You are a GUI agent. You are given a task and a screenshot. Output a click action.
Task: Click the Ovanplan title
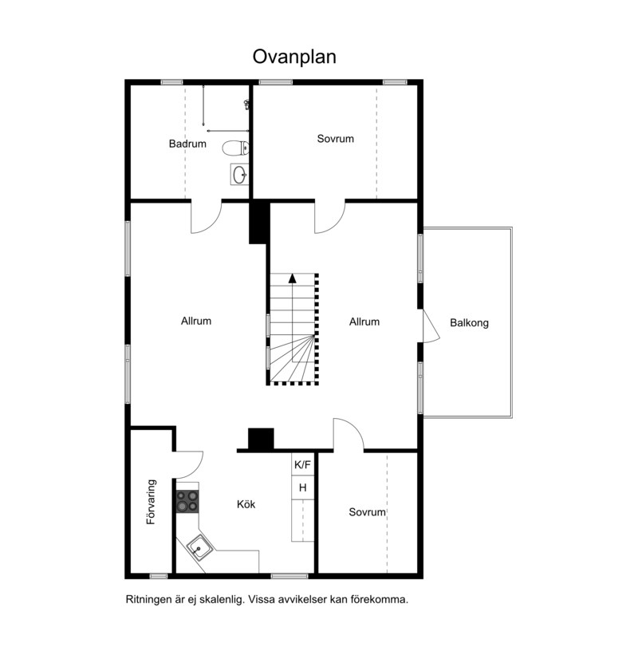point(294,57)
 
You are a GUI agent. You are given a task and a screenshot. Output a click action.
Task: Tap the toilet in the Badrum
point(235,148)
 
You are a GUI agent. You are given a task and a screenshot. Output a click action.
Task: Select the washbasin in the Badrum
point(240,175)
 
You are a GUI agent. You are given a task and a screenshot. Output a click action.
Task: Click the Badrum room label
point(187,144)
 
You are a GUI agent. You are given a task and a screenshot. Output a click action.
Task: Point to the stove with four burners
point(187,501)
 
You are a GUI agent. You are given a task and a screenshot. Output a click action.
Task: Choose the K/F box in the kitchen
point(303,464)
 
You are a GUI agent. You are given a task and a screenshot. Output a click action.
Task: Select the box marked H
point(303,487)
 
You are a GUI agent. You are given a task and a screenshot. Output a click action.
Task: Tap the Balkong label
point(469,323)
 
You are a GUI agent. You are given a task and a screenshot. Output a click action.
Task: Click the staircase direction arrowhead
point(293,278)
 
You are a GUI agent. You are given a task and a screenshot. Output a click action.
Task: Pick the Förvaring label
point(152,502)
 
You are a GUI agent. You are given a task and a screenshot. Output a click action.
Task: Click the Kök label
point(246,504)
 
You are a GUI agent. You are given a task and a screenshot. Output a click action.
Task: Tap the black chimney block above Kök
point(261,439)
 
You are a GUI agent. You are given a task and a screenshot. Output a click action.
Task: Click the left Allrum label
point(196,321)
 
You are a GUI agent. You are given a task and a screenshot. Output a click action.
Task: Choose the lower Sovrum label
point(368,512)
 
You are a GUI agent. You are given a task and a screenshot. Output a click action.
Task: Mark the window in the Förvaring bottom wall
point(159,577)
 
